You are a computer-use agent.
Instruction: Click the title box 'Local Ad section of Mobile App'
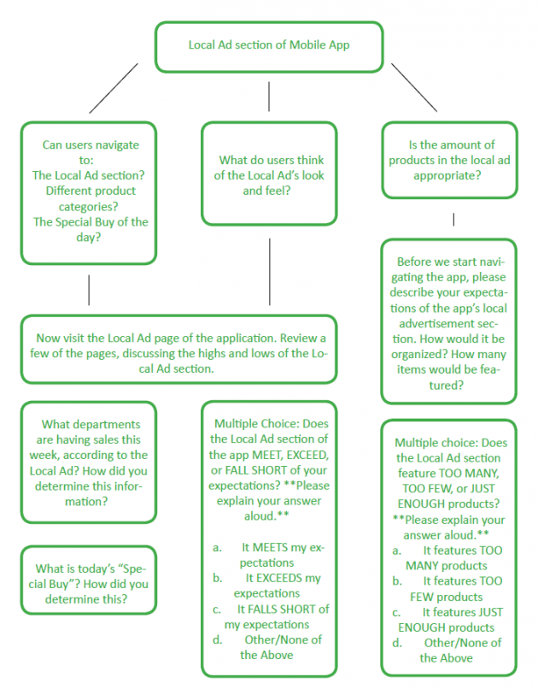[x=268, y=45]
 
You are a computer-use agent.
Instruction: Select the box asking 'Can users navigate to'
[x=89, y=191]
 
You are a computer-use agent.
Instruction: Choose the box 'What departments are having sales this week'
[x=89, y=462]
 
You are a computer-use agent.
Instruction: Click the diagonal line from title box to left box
[x=113, y=88]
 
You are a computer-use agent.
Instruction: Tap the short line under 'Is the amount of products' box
[x=453, y=220]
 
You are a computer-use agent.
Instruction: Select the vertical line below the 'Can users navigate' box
[x=89, y=290]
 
